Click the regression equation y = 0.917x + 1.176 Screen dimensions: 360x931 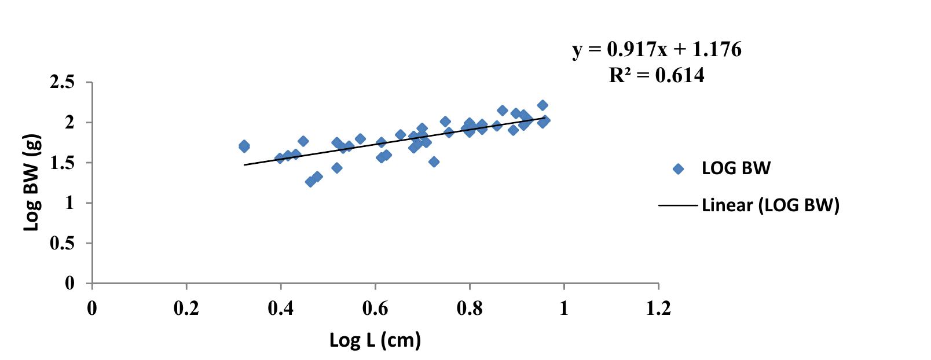(x=657, y=50)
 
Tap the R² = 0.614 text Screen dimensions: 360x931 (x=657, y=75)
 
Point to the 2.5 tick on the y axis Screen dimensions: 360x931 (x=63, y=82)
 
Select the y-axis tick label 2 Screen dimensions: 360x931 (x=70, y=123)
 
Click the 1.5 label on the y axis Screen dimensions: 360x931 (x=63, y=163)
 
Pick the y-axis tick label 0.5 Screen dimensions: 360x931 (x=63, y=243)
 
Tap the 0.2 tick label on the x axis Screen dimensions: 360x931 (x=186, y=308)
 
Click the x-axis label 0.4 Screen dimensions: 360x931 (x=281, y=308)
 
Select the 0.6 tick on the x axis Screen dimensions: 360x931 (x=375, y=308)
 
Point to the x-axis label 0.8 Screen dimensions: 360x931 (x=470, y=308)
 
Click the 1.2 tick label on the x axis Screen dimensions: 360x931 (x=658, y=308)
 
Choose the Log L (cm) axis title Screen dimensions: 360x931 (x=375, y=340)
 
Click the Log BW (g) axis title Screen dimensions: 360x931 (x=32, y=182)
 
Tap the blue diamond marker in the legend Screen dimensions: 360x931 (x=678, y=169)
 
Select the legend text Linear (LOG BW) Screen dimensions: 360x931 (x=770, y=205)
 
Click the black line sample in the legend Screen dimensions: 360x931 (x=678, y=205)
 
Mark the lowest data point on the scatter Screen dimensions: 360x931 (x=311, y=182)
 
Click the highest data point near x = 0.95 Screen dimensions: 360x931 (x=543, y=105)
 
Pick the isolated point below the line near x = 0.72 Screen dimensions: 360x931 (x=434, y=162)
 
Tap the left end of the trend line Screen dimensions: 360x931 (x=245, y=165)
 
